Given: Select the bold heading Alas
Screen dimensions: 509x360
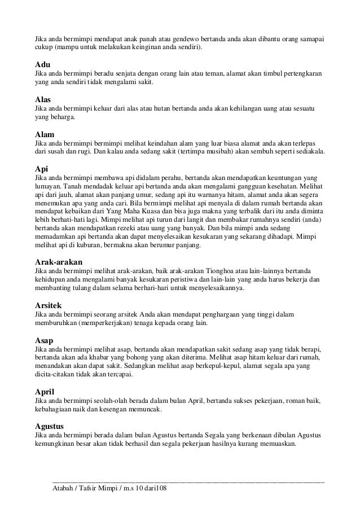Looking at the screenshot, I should [x=43, y=99].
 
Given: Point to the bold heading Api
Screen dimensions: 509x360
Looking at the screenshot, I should [x=42, y=169].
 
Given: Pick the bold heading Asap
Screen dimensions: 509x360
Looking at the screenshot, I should [x=45, y=341].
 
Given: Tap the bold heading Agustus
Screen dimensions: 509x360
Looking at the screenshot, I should [x=50, y=425].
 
